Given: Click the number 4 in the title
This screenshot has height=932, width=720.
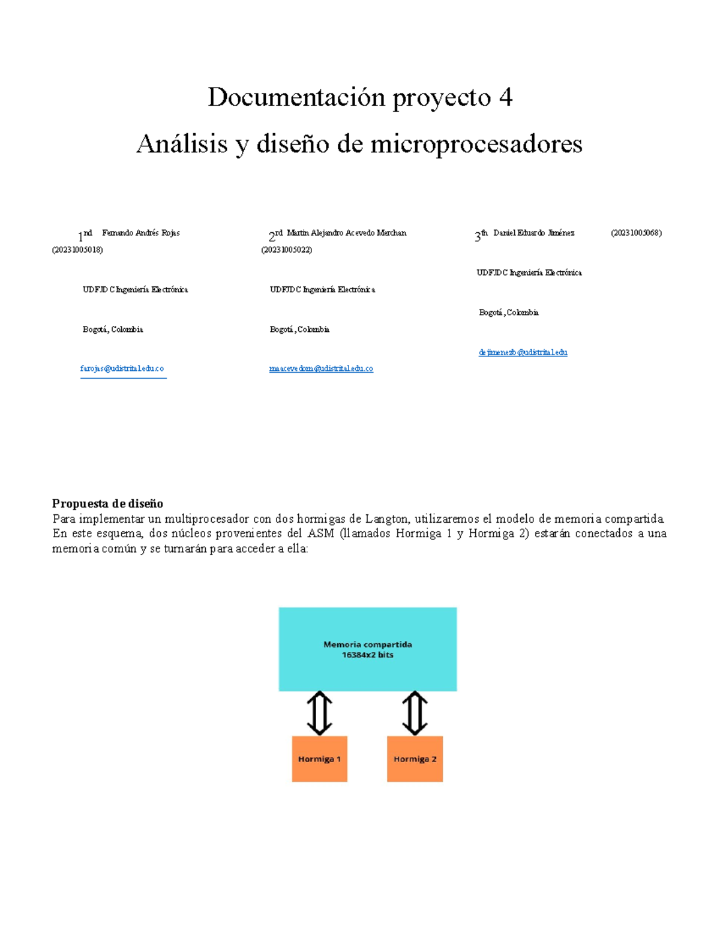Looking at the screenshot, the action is pos(505,98).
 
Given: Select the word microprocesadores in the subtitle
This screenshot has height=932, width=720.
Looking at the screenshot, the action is pos(476,144).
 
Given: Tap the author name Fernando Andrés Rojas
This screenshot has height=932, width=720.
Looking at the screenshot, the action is pos(141,233).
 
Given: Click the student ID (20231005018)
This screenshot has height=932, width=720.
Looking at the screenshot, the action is pos(77,250).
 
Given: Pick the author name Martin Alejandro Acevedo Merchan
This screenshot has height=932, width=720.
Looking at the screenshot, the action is pos(346,233).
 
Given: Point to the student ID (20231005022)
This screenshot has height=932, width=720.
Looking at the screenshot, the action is pos(286,250).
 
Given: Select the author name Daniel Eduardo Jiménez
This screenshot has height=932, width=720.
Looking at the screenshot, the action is pos(533,233).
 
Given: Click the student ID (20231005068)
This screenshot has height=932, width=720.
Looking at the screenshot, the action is pos(636,233).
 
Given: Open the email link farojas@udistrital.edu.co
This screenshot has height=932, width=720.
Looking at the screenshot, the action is pos(122,368).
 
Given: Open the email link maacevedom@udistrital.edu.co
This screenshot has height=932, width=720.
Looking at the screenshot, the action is pos(321,368).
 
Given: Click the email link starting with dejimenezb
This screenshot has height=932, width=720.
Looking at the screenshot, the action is pos(523,352).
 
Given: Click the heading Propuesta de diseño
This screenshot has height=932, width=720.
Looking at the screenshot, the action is pos(107,504).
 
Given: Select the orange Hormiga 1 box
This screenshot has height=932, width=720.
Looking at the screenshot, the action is pos(319,759).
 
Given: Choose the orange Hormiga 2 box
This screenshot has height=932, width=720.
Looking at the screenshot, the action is pos(415,759).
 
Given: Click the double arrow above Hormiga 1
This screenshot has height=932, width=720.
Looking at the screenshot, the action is pos(320,714).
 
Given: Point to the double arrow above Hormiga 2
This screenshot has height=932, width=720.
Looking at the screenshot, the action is pos(415,714).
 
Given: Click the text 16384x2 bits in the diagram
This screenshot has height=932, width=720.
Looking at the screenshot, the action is pos(367,655).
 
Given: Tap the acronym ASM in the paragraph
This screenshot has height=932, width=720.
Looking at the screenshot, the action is pos(320,534).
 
